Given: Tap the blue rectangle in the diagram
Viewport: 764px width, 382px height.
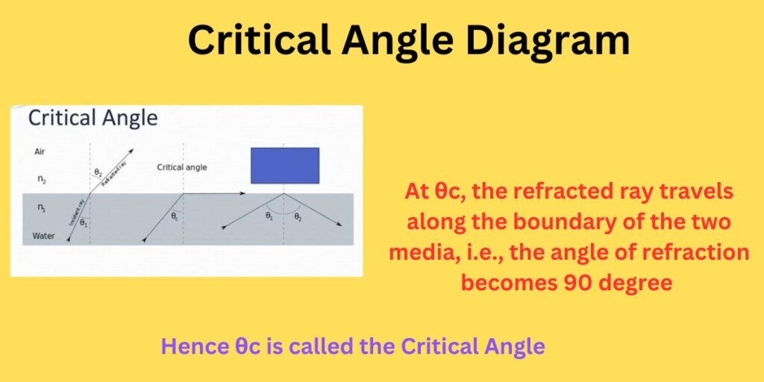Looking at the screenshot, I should coord(285,165).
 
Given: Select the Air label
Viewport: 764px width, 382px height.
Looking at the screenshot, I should coord(40,151).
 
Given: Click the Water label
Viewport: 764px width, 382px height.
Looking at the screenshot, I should coord(44,237).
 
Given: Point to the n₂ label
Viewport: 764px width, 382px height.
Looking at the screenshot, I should coord(40,179).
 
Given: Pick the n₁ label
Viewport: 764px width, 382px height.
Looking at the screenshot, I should coord(40,209).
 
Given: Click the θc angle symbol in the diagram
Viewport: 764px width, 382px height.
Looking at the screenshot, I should coord(175,217).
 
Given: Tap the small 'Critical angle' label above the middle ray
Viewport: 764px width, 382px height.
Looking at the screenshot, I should coord(182,167).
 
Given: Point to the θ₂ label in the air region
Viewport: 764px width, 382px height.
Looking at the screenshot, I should coord(98,173).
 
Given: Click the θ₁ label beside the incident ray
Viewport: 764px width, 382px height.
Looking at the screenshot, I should coord(84,223).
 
